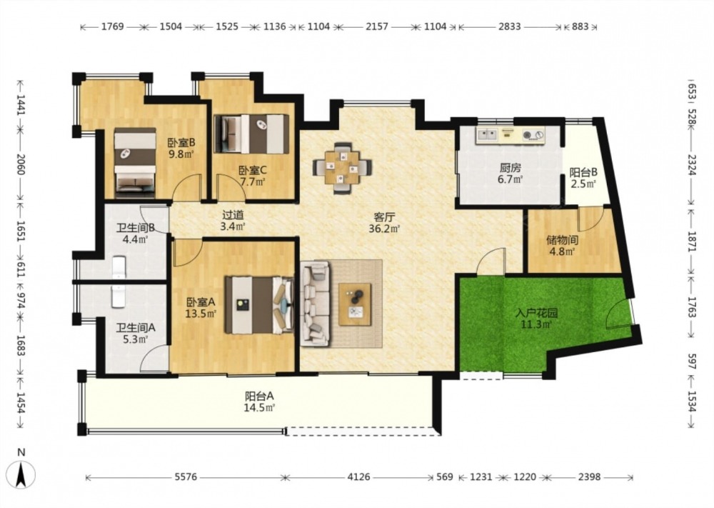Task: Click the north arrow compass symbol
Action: pyautogui.click(x=21, y=469)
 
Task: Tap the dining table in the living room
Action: pyautogui.click(x=342, y=169)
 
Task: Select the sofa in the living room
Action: pyautogui.click(x=315, y=303)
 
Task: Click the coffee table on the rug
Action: pyautogui.click(x=355, y=304)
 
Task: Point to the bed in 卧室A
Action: pyautogui.click(x=258, y=305)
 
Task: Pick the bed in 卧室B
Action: pyautogui.click(x=134, y=163)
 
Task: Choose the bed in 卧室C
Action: pyautogui.click(x=252, y=134)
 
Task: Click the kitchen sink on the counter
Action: pyautogui.click(x=487, y=134)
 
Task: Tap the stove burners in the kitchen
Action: pyautogui.click(x=533, y=135)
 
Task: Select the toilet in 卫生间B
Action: pyautogui.click(x=119, y=267)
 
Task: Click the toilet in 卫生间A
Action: pyautogui.click(x=119, y=296)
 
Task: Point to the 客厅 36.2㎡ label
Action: pyautogui.click(x=384, y=223)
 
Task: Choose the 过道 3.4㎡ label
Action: pyautogui.click(x=233, y=220)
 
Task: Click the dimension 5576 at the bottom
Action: pyautogui.click(x=186, y=477)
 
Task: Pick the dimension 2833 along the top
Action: pyautogui.click(x=509, y=26)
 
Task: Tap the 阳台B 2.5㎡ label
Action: pyautogui.click(x=583, y=178)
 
